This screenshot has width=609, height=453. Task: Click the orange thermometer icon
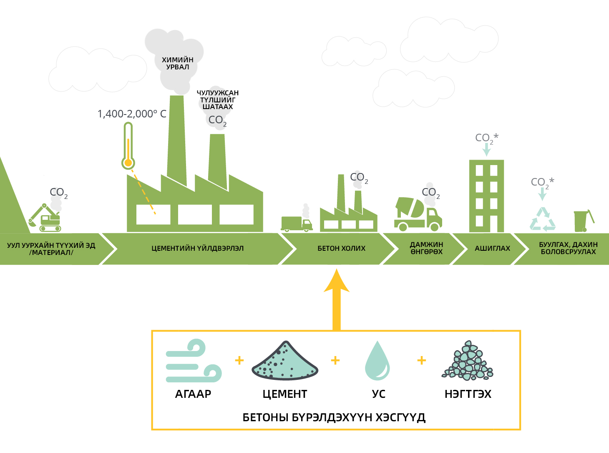[x=128, y=146]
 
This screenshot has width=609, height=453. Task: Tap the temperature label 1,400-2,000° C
[x=132, y=114]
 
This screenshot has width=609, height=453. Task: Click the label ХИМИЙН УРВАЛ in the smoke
[x=178, y=64]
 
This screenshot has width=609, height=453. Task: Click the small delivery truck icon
[x=296, y=223]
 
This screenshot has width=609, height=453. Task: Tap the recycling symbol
[x=543, y=219]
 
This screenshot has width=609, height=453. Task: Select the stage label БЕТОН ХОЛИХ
[x=341, y=248]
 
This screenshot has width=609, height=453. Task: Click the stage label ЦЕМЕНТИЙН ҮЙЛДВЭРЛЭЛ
[x=197, y=248]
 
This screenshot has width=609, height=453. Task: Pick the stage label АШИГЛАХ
[x=492, y=248]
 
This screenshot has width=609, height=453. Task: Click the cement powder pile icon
[x=285, y=361]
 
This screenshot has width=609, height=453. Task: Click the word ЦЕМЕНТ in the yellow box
[x=285, y=394]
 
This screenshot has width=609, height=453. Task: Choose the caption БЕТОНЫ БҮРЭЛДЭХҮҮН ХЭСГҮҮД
[x=334, y=417]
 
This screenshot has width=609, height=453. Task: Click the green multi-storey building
[x=486, y=196]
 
